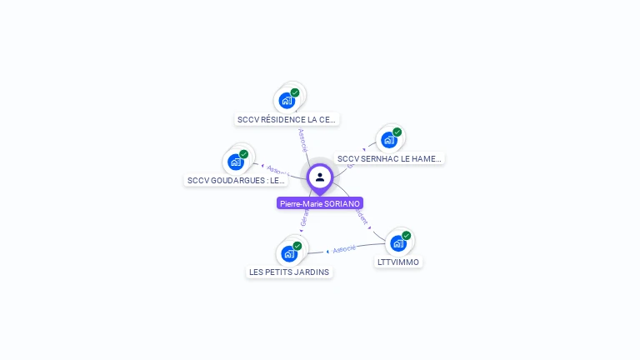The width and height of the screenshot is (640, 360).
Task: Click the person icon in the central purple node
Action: click(320, 177)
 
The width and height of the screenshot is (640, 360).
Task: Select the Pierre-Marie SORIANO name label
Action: click(320, 203)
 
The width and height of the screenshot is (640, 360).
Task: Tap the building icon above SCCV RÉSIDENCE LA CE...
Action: click(287, 101)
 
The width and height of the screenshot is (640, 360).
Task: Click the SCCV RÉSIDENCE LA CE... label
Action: click(287, 119)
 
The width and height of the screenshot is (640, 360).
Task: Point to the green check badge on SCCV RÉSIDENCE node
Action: click(295, 92)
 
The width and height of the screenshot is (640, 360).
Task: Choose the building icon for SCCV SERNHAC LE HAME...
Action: click(388, 140)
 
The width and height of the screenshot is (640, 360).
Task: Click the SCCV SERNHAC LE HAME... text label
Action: click(389, 158)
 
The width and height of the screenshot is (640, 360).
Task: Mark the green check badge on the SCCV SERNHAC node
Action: click(397, 132)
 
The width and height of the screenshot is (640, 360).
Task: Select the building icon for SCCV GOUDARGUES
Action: click(236, 162)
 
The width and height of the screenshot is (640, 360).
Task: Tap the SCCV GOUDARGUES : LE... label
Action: click(236, 180)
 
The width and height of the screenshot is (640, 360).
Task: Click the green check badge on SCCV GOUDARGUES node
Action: click(244, 154)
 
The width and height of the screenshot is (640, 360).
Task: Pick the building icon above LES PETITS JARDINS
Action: click(288, 253)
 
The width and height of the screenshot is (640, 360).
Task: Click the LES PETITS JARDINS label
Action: click(289, 272)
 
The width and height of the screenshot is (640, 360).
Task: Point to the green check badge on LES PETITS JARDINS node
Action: click(297, 246)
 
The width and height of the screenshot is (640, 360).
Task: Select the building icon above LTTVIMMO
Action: click(397, 243)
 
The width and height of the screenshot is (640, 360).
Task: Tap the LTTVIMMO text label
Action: click(398, 262)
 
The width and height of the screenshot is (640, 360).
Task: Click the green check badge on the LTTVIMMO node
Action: click(407, 236)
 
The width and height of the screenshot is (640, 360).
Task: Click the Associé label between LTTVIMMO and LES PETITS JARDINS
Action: click(343, 248)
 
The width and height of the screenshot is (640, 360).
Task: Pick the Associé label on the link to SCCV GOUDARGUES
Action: click(277, 171)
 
